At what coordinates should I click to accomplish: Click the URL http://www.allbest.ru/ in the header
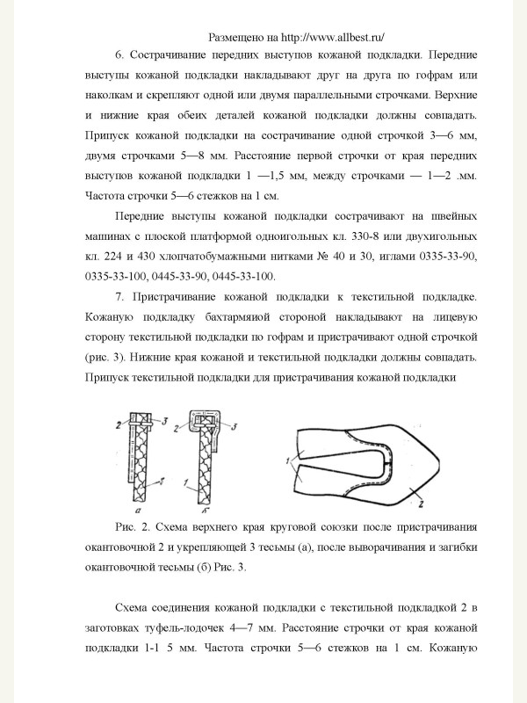pos(332,38)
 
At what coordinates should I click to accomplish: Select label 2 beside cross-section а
pos(119,424)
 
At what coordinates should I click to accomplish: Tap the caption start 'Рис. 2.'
pos(133,528)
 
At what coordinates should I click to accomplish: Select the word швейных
pos(456,218)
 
